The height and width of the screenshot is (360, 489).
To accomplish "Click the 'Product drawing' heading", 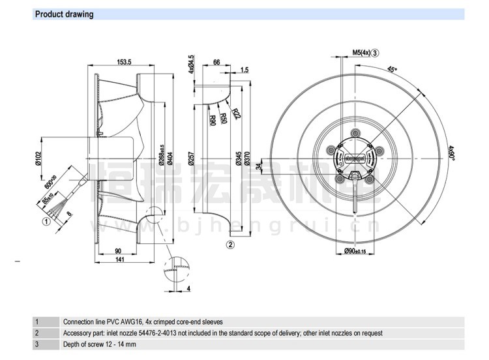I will [x=64, y=14].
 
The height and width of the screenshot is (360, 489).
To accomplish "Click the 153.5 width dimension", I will [x=125, y=62].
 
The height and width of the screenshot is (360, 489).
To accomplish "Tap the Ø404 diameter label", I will [x=170, y=159].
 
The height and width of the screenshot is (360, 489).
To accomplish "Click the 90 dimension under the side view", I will [x=119, y=250].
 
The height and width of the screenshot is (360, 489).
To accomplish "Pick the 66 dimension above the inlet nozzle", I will [x=217, y=62].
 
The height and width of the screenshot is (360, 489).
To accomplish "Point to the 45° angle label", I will [x=392, y=70].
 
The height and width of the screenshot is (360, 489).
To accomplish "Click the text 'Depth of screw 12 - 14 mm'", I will [x=99, y=344].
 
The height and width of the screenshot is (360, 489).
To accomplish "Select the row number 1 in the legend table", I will [x=37, y=322].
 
